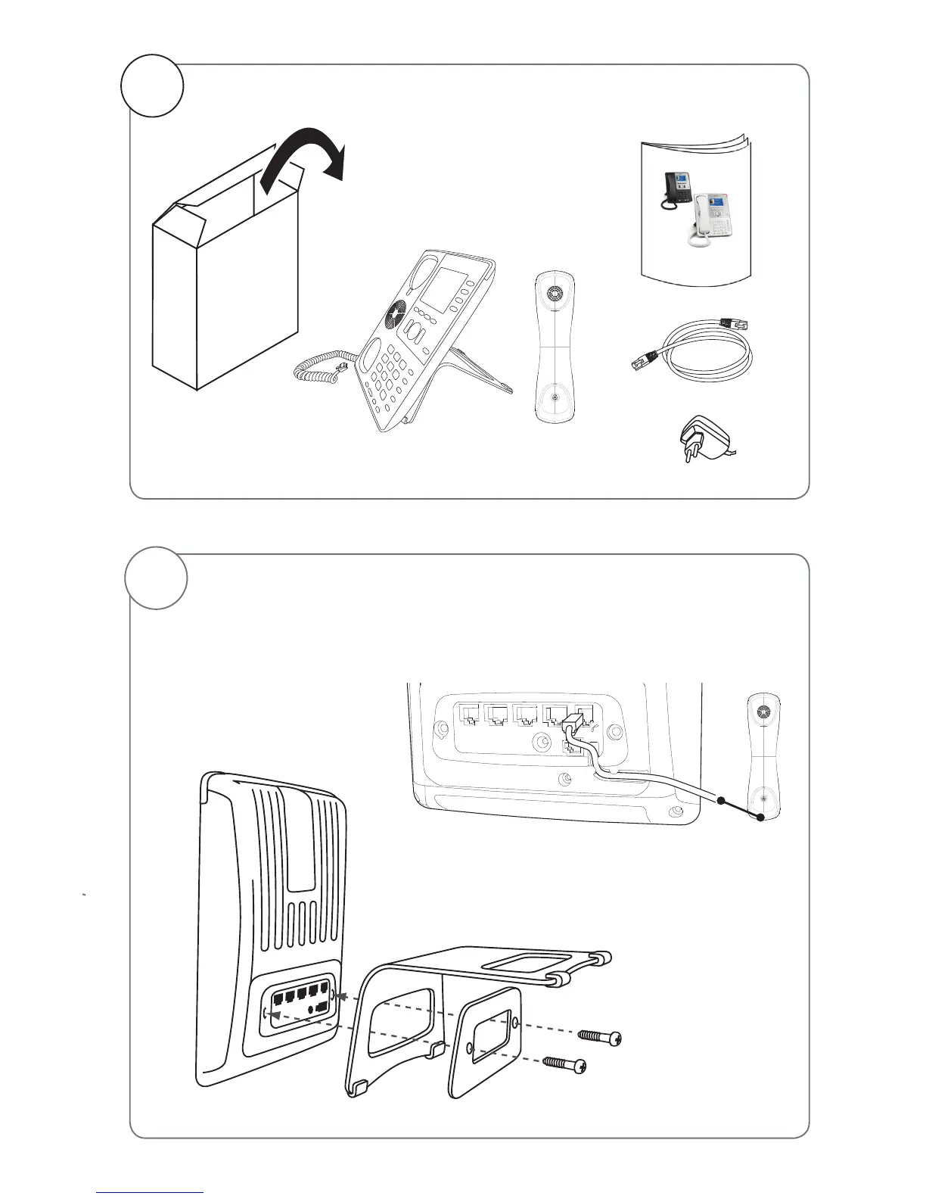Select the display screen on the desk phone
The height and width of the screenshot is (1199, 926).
[x=443, y=291]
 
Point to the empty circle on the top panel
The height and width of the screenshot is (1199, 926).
[x=154, y=86]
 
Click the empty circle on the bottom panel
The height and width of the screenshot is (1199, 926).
[x=156, y=578]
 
